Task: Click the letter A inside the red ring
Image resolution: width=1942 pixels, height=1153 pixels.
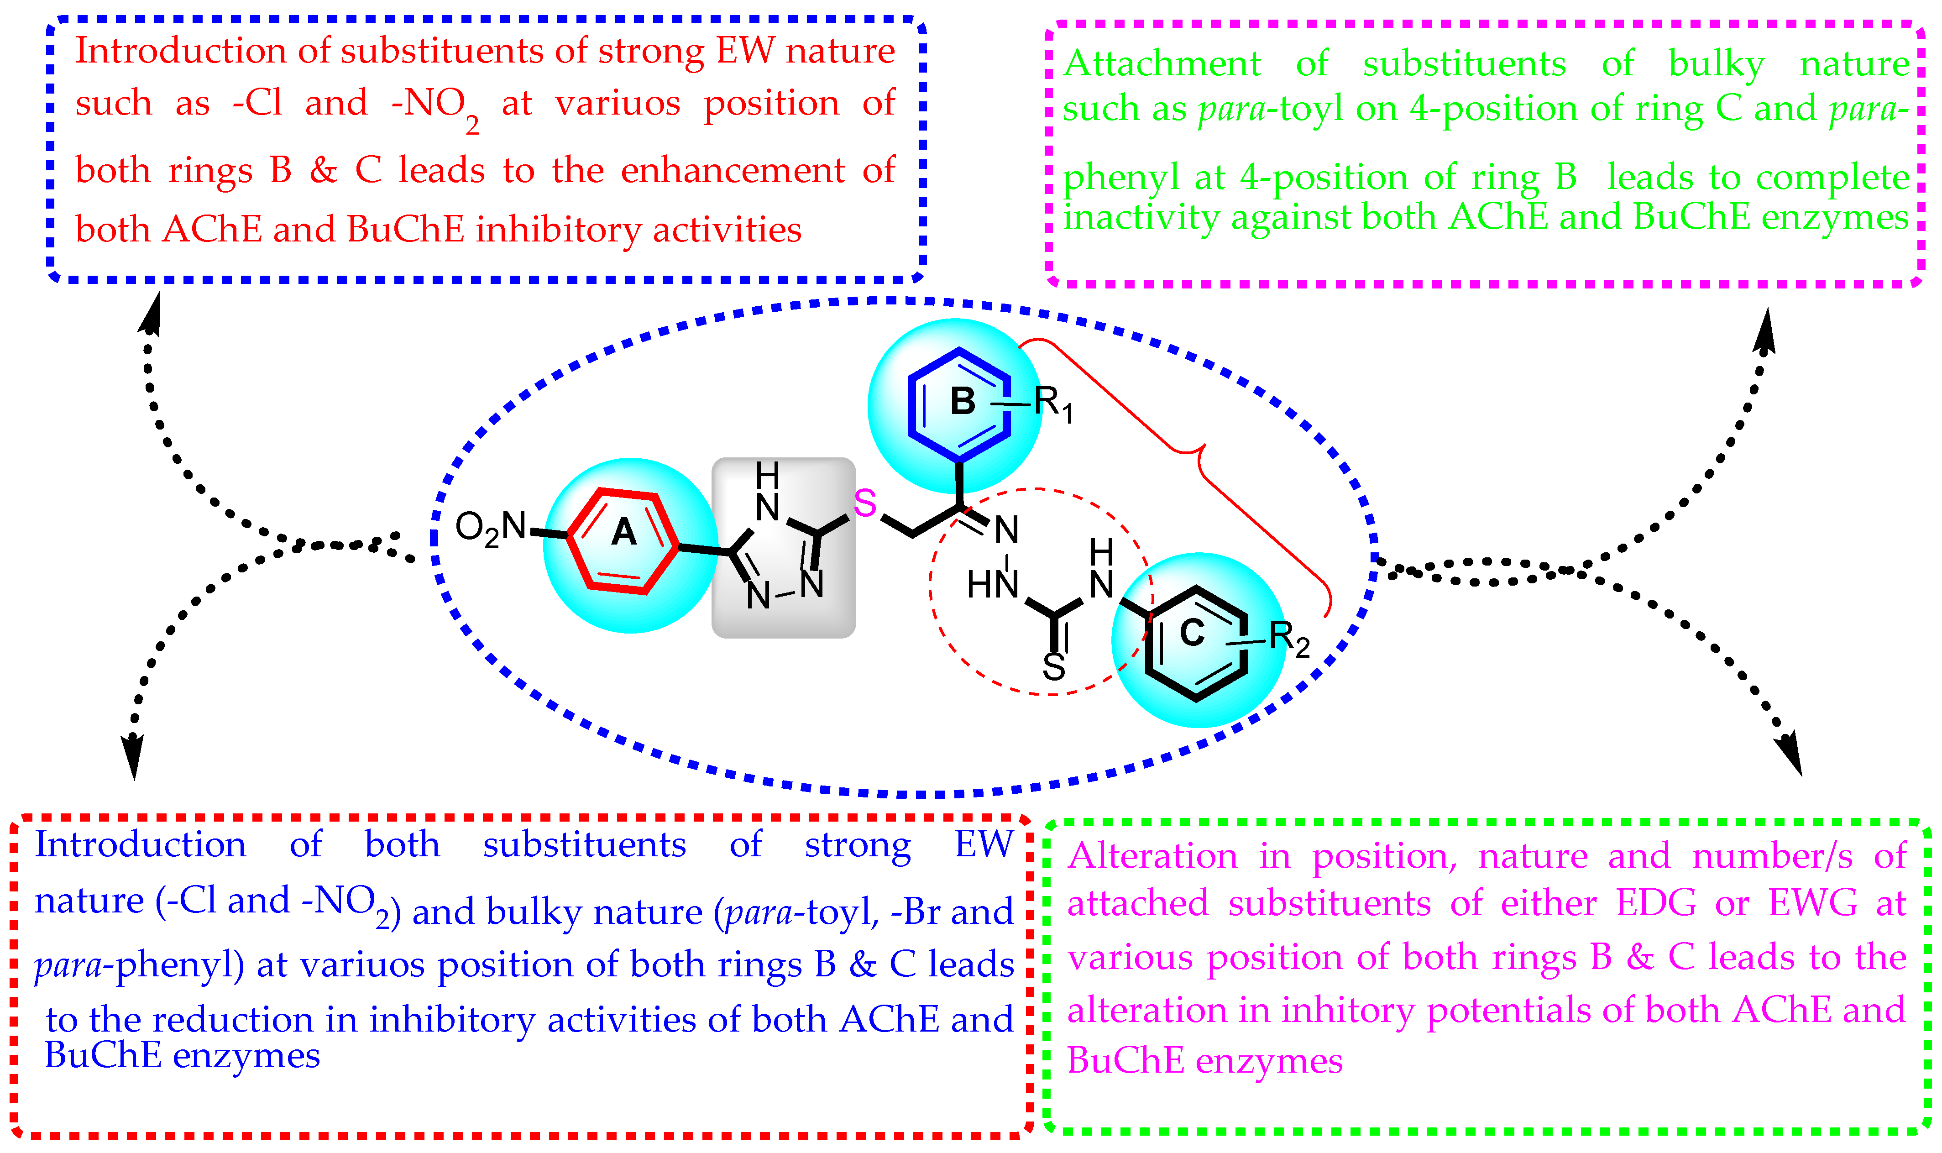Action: (x=624, y=533)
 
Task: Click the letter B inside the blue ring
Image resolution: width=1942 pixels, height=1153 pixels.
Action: (x=963, y=402)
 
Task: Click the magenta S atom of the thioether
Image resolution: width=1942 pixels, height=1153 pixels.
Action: (x=864, y=503)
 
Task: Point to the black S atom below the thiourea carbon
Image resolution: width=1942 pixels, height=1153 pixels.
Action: (x=1053, y=666)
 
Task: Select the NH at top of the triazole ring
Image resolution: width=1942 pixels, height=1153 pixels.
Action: (x=768, y=493)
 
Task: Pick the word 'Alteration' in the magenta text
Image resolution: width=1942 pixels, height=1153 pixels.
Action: (x=1152, y=856)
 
